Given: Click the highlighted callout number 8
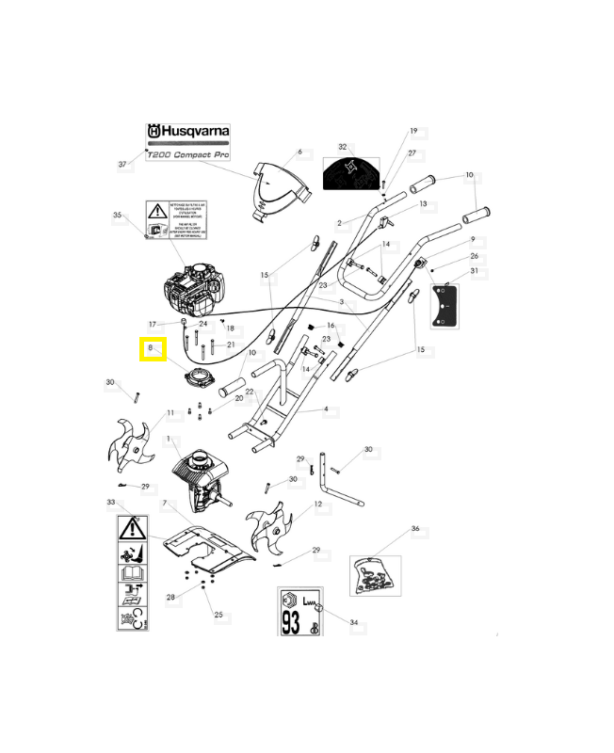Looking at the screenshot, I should coord(151,350).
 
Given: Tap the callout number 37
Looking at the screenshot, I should coord(122,165).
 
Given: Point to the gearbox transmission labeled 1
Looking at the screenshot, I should coord(197,475).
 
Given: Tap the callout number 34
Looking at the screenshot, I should coord(353,623).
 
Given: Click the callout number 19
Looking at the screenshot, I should coord(412,132).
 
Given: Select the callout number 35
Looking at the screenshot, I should coord(118,216).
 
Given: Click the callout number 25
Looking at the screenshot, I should coord(218,615).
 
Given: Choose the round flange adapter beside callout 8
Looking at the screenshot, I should coord(200,377).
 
